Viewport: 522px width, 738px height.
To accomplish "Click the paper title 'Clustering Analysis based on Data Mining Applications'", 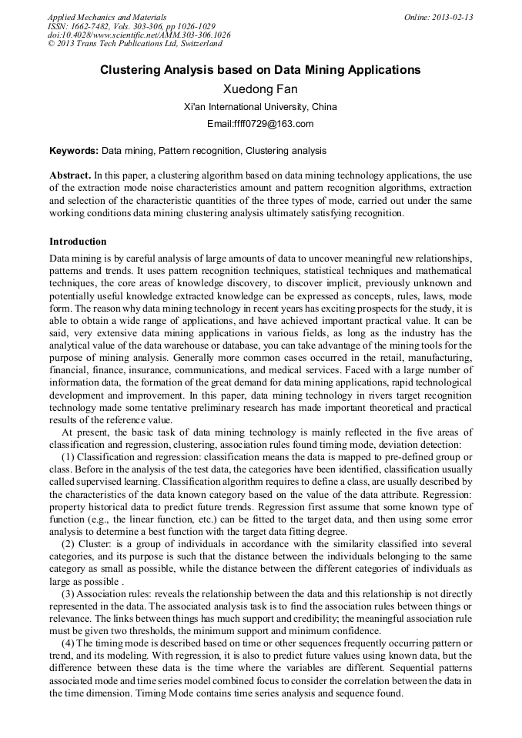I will tap(260, 70).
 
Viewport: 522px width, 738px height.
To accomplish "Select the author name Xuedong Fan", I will tap(260, 89).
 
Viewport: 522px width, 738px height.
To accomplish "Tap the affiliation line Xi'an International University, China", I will tap(260, 107).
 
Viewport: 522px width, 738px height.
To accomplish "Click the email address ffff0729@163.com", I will tap(260, 124).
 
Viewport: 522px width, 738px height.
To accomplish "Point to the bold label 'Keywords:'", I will tap(74, 151).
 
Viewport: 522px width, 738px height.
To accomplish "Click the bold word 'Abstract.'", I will tap(71, 175).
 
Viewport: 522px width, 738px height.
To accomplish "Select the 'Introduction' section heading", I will tap(78, 242).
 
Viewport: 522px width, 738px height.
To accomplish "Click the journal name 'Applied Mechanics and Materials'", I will tap(106, 17).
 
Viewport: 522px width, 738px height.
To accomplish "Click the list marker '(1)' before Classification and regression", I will tap(69, 457).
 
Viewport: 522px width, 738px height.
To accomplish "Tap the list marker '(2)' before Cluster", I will tap(69, 544).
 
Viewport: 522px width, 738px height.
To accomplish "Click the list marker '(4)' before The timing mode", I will tap(69, 643).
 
